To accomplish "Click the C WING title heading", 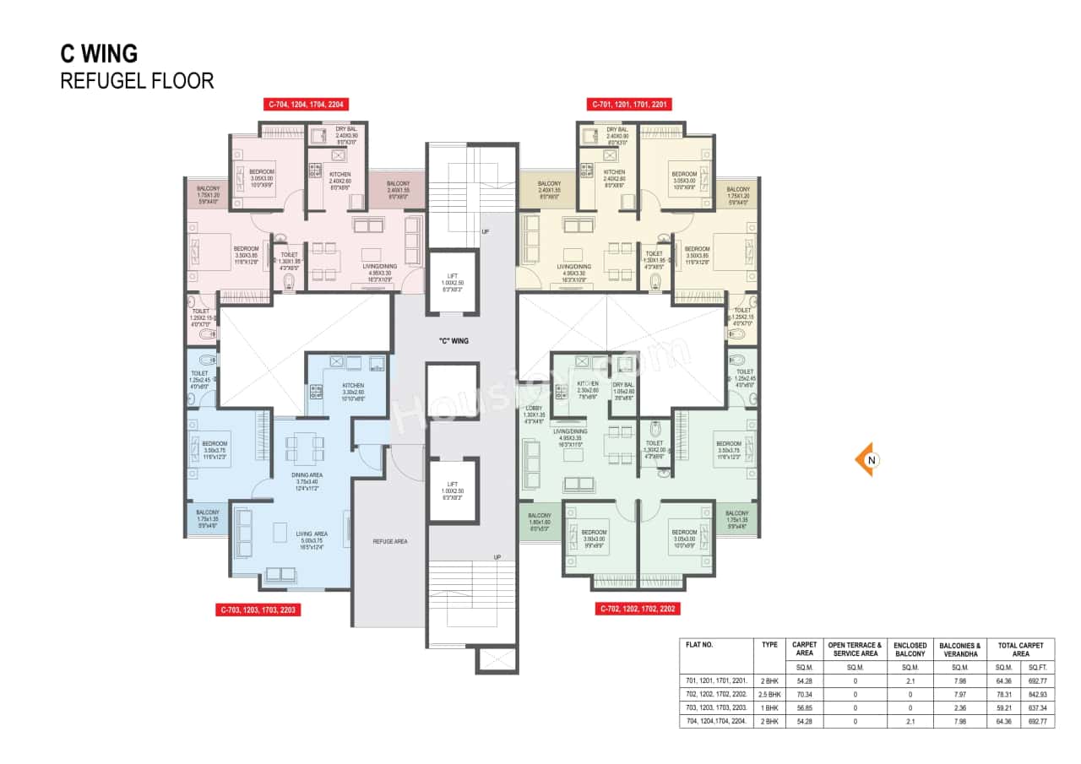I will [x=99, y=53].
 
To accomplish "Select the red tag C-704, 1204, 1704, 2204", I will [x=306, y=104].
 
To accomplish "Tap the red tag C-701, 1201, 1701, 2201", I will [x=629, y=104].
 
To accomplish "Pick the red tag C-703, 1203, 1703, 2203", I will [x=258, y=609].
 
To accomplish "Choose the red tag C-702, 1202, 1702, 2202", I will [x=637, y=609].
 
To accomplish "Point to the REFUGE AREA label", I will [x=389, y=541].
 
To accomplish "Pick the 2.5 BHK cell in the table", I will [x=769, y=693].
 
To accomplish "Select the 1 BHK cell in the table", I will [x=769, y=707].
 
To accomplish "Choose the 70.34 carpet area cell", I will [x=804, y=693].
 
